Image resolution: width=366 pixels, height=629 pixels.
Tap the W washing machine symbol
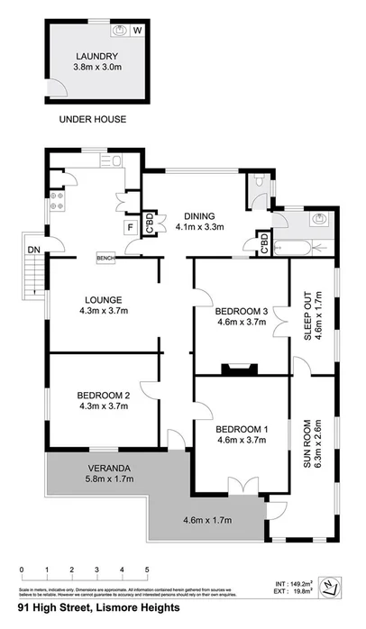click(138, 30)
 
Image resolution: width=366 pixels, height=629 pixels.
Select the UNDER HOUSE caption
click(92, 119)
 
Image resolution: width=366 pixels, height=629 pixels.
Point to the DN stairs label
click(32, 249)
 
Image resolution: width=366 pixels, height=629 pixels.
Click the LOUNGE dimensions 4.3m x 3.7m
click(104, 312)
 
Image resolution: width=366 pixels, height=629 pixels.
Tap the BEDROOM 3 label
click(241, 312)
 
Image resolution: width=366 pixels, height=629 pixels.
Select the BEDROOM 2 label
click(104, 395)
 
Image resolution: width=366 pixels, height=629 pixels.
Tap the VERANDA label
click(106, 467)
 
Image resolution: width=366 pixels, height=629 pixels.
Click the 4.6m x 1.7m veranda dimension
click(209, 520)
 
